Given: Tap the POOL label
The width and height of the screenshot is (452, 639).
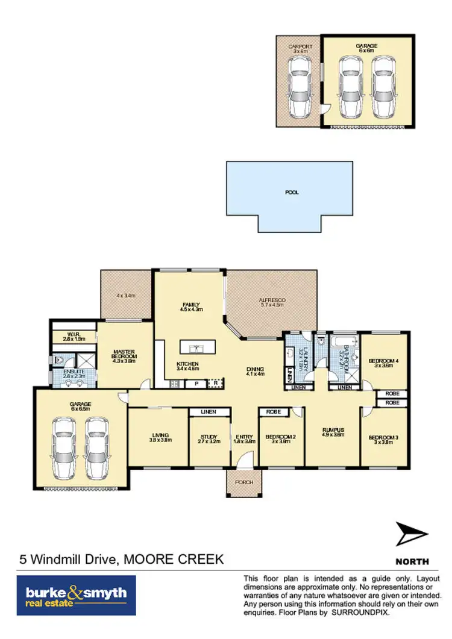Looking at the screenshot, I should (x=292, y=193).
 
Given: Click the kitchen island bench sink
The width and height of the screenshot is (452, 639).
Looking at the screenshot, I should (x=195, y=348).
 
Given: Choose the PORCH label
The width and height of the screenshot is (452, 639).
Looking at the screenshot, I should (x=244, y=482).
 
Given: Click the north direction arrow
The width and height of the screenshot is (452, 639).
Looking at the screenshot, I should (x=412, y=535).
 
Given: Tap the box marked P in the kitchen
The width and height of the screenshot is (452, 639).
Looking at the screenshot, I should (x=195, y=383).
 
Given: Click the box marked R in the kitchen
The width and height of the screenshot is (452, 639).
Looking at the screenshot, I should (x=215, y=383).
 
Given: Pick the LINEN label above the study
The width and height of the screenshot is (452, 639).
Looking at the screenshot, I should (x=209, y=412).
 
